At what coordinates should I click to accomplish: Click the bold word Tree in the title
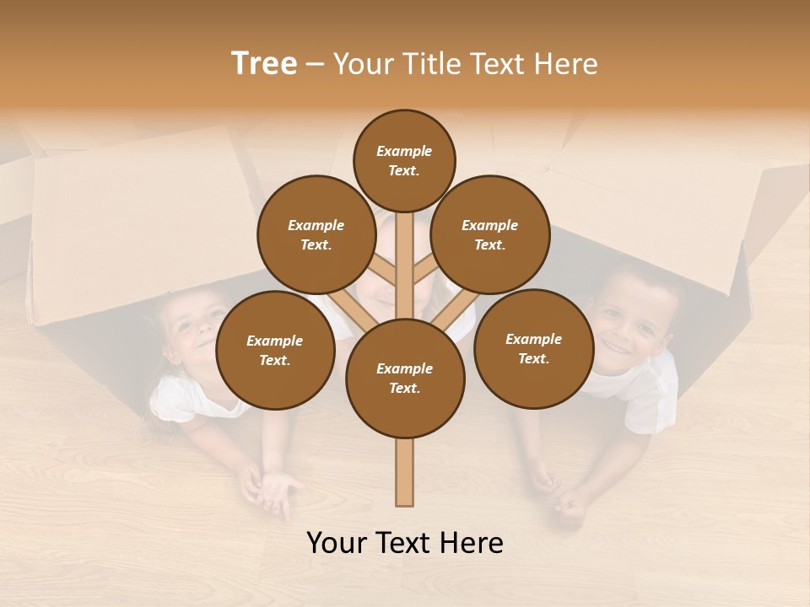pos(264,64)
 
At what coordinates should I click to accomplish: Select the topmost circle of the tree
pos(404,160)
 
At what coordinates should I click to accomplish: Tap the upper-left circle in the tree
pos(316,234)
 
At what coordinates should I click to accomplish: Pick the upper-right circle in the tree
pos(490,234)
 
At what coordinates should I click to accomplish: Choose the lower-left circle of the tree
pos(275,350)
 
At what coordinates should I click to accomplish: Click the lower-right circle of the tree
pos(533,348)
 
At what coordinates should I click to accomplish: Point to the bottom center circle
pos(405,379)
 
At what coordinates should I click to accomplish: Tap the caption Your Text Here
pos(405,543)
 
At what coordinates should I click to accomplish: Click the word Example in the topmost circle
pos(404,152)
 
